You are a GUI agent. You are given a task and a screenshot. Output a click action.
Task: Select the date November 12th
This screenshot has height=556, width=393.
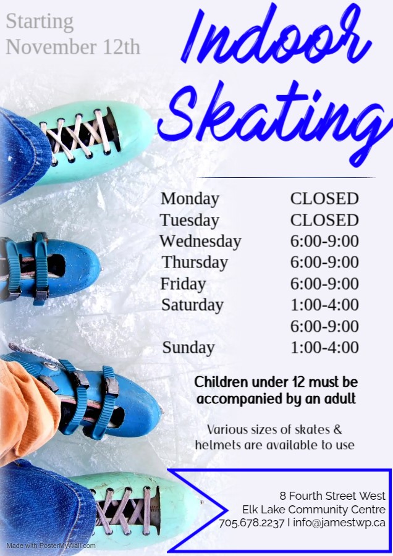[73, 47]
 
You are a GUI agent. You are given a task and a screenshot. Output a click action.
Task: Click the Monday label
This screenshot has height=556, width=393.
[190, 199]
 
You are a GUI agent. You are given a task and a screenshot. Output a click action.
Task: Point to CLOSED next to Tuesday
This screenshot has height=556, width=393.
[324, 221]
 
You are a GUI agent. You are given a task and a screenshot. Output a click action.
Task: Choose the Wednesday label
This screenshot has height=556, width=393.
[200, 242]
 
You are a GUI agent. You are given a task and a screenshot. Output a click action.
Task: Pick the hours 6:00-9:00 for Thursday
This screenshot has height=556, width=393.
[324, 263]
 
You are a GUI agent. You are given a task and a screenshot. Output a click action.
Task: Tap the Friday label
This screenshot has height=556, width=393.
[183, 284]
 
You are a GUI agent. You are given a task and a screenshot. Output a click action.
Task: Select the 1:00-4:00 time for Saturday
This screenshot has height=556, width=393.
[324, 305]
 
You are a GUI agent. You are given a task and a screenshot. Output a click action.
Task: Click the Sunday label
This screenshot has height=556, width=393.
[188, 348]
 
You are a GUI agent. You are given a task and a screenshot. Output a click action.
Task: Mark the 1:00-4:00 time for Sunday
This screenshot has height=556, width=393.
[324, 348]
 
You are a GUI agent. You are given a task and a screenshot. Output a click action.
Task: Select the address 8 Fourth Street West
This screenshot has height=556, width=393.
[332, 495]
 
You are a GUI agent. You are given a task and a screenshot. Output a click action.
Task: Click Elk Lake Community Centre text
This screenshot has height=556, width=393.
[314, 510]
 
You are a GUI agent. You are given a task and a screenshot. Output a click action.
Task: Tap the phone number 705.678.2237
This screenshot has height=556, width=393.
[251, 523]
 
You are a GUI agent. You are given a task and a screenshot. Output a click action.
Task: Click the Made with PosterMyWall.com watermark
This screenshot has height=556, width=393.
[51, 545]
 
